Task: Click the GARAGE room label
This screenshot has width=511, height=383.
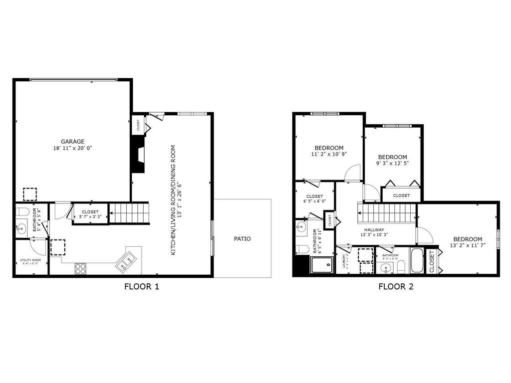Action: pos(73,141)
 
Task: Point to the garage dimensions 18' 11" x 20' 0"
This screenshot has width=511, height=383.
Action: pos(73,148)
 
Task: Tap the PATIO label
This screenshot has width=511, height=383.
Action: pos(242,239)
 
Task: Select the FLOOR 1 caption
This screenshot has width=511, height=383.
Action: pos(141,286)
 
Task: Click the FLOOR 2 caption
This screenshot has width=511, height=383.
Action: pos(396,286)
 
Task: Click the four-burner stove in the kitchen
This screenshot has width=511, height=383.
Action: pos(80,268)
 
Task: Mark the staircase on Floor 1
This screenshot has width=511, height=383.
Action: pos(129,213)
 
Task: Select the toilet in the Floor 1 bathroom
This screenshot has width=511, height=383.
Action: pos(21,212)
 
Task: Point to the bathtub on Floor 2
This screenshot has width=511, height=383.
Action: pos(417,261)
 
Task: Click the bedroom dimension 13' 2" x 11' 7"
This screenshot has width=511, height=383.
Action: pos(468,245)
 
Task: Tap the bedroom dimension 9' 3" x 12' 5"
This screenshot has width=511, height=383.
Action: pos(392,163)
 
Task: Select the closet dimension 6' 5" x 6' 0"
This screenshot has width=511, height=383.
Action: pos(314,201)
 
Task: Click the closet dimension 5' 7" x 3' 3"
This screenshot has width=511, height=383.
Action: pos(90,217)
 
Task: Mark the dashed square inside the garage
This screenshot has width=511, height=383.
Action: pos(30,194)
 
